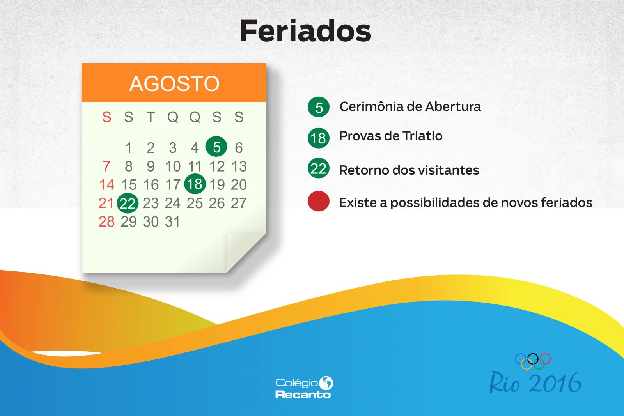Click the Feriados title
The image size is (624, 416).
(x=305, y=31)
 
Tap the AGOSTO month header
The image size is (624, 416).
(x=174, y=83)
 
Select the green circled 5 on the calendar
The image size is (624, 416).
(x=216, y=147)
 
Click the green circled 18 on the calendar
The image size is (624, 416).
(x=195, y=184)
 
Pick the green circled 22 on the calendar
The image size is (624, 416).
(x=128, y=203)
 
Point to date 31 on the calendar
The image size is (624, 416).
(x=172, y=221)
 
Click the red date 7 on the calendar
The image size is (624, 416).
(x=106, y=166)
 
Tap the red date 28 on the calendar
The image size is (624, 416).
(x=106, y=221)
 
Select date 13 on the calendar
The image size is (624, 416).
(x=239, y=166)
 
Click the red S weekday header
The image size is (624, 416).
(x=107, y=117)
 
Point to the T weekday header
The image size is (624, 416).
(x=151, y=117)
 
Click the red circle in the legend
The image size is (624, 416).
(x=318, y=201)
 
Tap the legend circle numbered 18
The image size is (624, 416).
(x=318, y=138)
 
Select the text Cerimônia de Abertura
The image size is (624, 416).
(x=410, y=106)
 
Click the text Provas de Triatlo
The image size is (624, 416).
(x=391, y=136)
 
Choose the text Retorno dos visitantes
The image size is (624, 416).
(x=409, y=170)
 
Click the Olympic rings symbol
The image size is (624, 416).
(x=533, y=361)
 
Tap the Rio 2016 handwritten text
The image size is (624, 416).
(x=535, y=382)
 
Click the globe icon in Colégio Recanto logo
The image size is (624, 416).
(x=326, y=383)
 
